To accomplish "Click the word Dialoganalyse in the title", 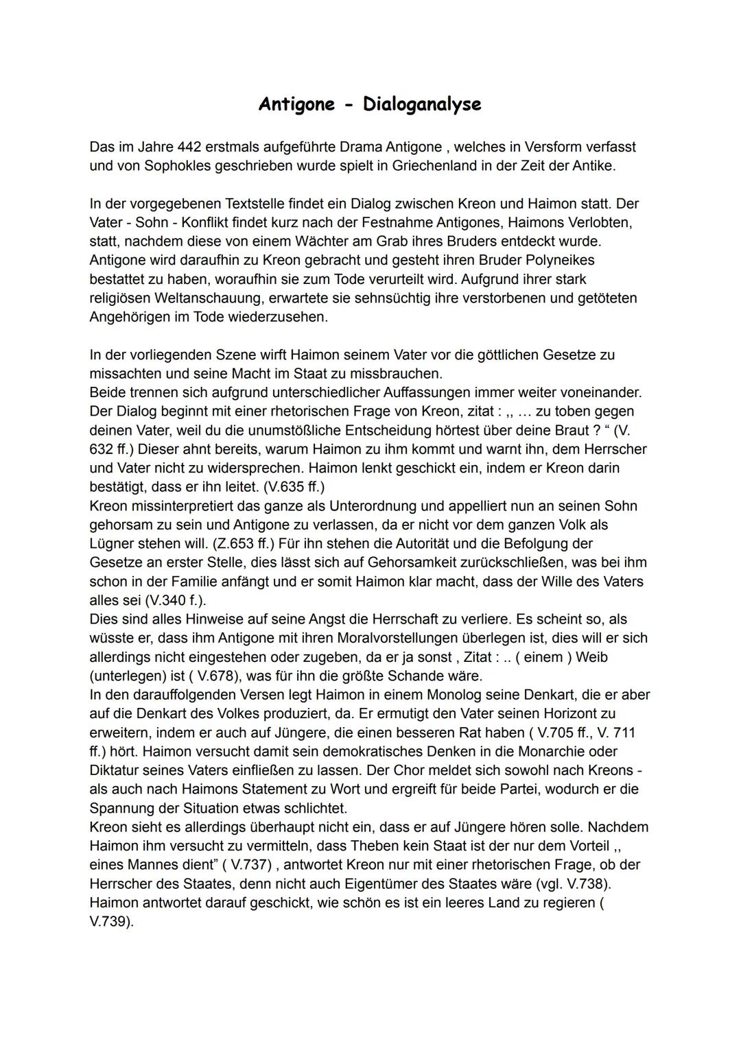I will point(421,104).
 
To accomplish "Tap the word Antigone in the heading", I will point(296,104).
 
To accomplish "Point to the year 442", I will point(189,147).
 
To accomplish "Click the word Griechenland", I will point(434,166).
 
